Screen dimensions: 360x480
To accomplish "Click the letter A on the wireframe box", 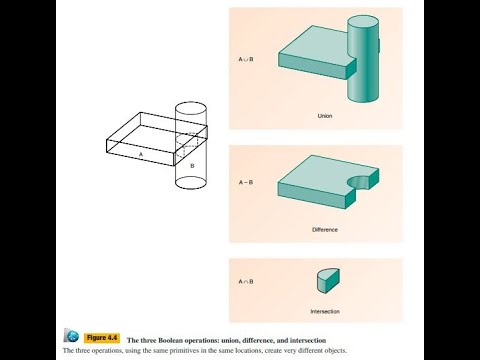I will [141, 155].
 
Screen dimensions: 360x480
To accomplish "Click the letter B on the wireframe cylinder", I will [191, 164].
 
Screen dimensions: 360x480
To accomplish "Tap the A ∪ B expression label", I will [246, 59].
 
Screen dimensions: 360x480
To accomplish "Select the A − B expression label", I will [245, 183].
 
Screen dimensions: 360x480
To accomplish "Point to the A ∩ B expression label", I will [246, 281].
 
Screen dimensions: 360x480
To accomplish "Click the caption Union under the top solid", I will [318, 117].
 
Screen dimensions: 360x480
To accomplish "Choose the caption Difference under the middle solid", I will [318, 229].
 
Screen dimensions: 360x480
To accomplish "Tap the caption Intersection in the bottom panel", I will [324, 311].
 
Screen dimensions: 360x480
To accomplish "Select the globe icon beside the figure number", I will [72, 336].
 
